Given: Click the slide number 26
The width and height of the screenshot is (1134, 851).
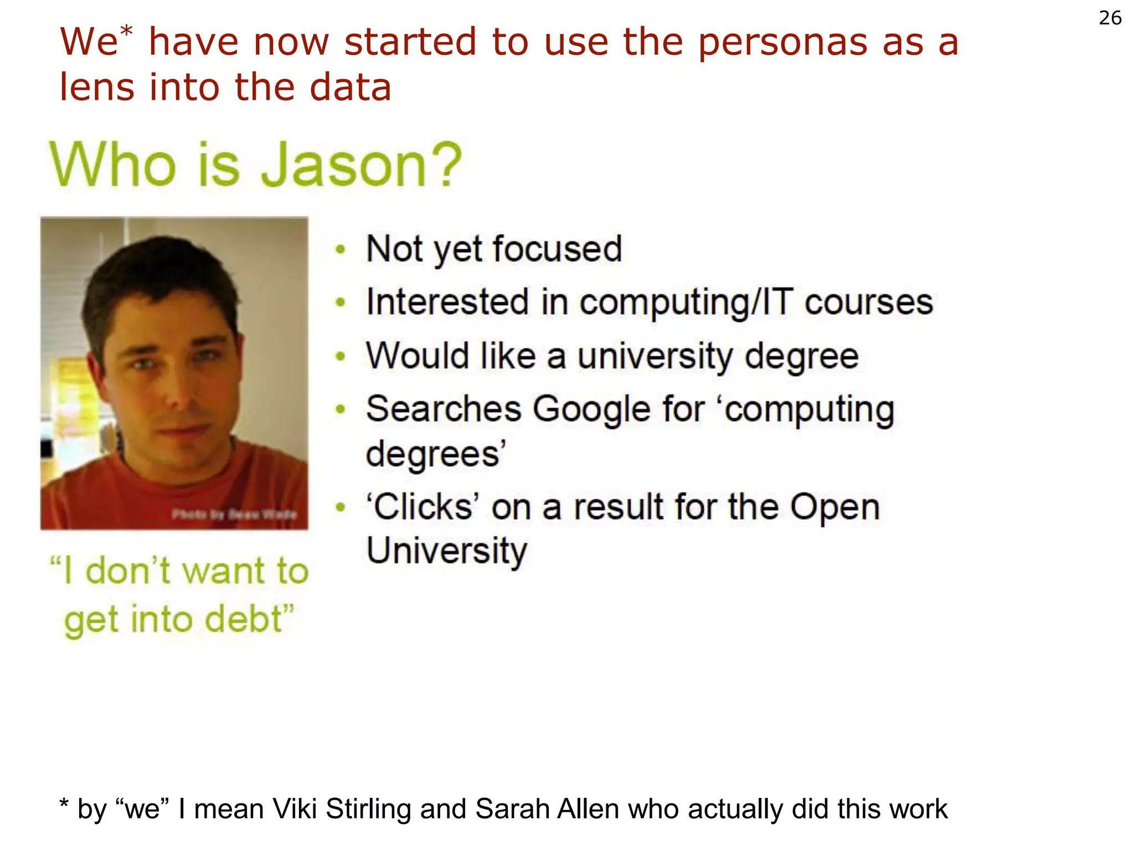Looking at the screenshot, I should [1110, 18].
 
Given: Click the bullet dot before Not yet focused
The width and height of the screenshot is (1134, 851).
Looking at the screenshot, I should [341, 249].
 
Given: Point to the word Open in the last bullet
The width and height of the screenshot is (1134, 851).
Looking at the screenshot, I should [834, 507].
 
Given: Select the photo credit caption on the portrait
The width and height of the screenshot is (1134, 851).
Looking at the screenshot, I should [234, 515].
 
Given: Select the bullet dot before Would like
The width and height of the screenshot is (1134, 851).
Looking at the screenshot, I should [341, 356].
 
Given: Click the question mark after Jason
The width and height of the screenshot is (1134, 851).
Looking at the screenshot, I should [444, 165].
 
